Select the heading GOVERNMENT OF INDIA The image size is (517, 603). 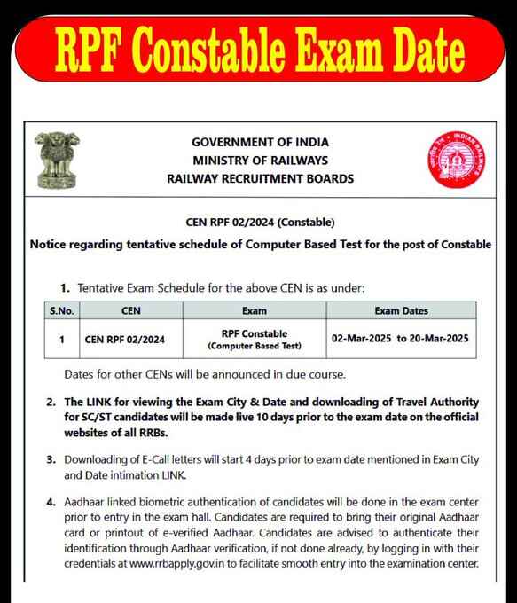pos(260,143)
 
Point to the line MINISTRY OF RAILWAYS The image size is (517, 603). pos(260,161)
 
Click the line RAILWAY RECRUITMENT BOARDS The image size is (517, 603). pos(260,178)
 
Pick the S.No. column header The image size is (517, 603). pos(60,311)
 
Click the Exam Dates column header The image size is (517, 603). pos(401,311)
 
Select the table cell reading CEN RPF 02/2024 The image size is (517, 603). pos(124,339)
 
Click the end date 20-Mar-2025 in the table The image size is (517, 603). pos(442,339)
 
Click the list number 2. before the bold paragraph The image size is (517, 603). pos(51,403)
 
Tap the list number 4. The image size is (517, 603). pos(51,503)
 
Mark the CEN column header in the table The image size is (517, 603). pos(124,311)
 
